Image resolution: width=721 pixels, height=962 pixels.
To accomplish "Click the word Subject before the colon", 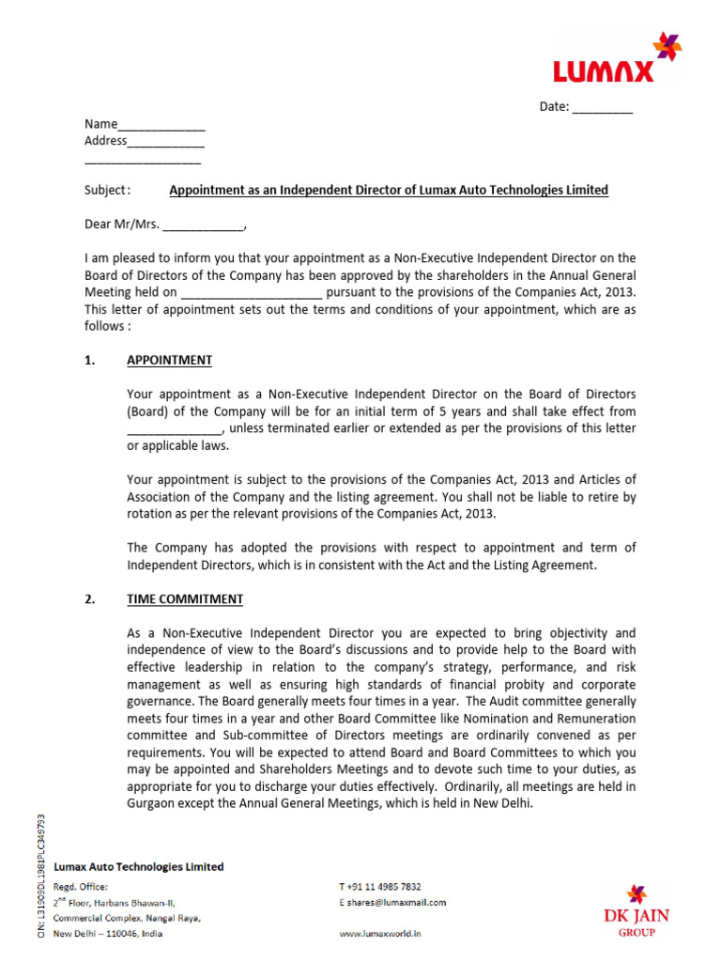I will [103, 190].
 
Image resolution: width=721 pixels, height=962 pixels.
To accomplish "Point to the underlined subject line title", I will [388, 190].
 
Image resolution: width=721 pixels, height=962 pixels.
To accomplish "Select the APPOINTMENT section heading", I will [169, 360].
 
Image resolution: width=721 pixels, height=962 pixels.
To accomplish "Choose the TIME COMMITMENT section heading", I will [185, 598].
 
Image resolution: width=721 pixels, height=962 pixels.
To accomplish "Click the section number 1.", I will [89, 360].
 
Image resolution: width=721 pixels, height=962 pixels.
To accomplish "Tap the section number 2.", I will [89, 598].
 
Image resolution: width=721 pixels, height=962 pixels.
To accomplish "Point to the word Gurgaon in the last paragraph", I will [151, 803].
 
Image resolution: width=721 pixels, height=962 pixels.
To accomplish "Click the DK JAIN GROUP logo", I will [637, 910].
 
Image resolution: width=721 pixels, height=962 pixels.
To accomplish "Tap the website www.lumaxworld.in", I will [379, 934].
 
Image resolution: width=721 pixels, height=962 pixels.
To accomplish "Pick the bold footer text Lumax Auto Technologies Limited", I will [139, 866].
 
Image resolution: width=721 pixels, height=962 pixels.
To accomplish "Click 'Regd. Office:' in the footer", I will [81, 886].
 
